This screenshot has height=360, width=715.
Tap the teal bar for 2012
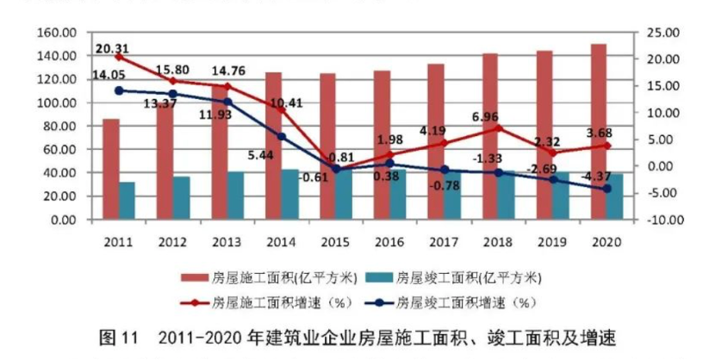point(181,198)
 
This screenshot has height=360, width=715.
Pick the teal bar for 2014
point(289,195)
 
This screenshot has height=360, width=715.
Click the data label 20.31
point(113,48)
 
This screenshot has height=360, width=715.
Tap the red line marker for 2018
point(498,128)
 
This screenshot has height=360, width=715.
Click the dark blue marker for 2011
point(119,90)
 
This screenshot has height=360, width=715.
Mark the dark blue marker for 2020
point(606,189)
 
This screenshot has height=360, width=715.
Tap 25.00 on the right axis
point(664,33)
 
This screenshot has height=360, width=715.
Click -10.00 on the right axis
point(664,220)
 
